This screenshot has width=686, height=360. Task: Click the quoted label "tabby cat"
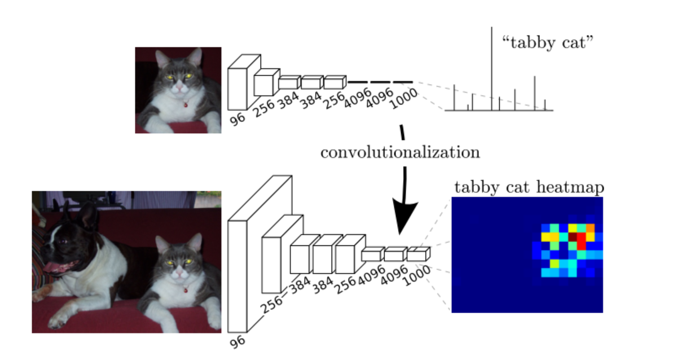point(548,42)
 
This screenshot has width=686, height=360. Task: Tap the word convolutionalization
point(401,152)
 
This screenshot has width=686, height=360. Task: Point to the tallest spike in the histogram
point(492,69)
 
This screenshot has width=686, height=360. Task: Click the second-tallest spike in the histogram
point(535,93)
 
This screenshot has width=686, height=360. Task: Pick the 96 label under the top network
point(238,119)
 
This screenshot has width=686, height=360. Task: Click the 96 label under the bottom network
point(238,341)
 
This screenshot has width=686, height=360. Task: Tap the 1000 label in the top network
point(404,99)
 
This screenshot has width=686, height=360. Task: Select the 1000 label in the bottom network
point(417,275)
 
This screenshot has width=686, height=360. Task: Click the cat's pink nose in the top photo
point(179,87)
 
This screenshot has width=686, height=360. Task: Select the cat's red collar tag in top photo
point(186,105)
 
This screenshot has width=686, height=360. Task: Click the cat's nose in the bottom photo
point(179,272)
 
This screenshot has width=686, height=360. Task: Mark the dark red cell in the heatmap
point(573,237)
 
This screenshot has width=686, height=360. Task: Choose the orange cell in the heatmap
point(590,228)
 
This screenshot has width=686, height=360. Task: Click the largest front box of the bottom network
point(238,276)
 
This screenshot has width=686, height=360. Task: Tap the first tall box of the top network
point(238,89)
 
